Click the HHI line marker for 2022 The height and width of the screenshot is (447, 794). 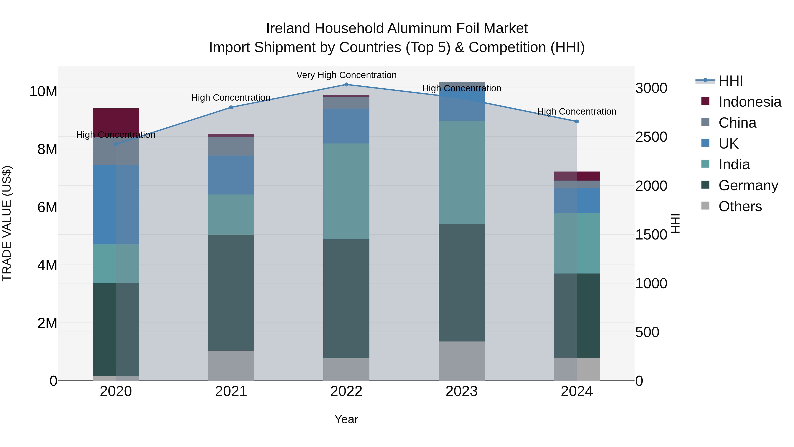click(346, 85)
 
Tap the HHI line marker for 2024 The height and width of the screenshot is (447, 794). click(577, 122)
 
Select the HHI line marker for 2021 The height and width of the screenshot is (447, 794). click(231, 107)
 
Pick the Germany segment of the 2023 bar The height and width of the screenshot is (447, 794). click(461, 282)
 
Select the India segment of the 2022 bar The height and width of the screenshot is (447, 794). click(346, 191)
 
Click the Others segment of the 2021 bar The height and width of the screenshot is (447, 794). click(231, 366)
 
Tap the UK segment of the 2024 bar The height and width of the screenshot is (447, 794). click(577, 200)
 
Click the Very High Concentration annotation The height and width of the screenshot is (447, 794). click(346, 75)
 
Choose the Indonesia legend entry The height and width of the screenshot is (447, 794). click(750, 102)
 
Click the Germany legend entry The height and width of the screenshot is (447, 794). click(748, 185)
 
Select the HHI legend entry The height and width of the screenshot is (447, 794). click(730, 81)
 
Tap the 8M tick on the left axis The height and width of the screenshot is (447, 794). click(47, 149)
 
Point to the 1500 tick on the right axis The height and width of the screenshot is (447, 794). click(651, 235)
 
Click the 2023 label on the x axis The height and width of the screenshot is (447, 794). click(461, 391)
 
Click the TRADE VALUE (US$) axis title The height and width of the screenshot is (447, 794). click(7, 223)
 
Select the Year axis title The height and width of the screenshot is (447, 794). click(346, 419)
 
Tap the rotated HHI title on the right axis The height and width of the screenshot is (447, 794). click(675, 223)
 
